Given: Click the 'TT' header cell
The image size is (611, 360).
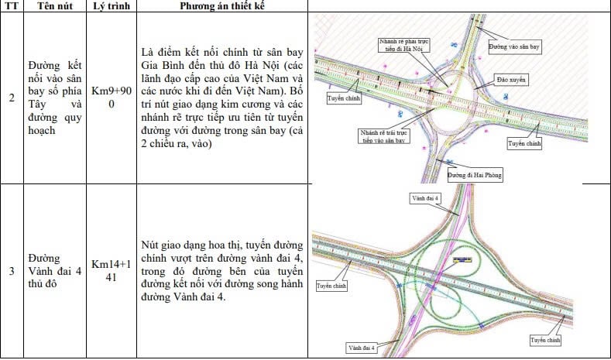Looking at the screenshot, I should tap(11, 6).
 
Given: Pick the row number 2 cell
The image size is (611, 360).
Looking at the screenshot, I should tap(11, 98).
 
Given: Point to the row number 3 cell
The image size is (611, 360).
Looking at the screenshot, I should tap(11, 271).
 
